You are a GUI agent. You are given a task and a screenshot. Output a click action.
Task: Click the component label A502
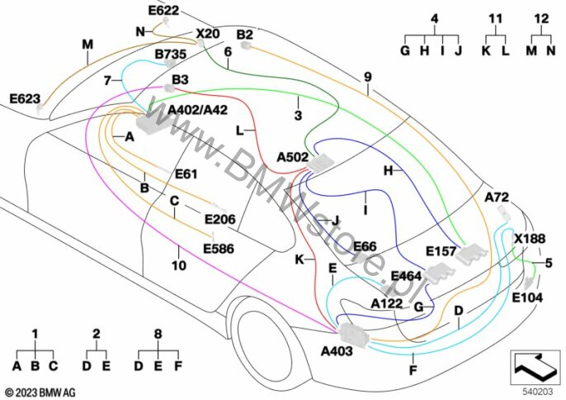[293, 156]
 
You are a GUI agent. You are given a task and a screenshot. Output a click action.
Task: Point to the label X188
[530, 239]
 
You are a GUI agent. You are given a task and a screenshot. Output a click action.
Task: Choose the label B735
[171, 55]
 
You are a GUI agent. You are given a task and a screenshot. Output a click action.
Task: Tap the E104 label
[527, 298]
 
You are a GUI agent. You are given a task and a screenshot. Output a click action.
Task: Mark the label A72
[497, 198]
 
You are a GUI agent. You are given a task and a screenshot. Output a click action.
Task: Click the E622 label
[163, 11]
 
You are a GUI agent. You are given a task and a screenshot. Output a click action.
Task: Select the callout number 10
[179, 266]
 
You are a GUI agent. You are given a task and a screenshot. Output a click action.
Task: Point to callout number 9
[367, 78]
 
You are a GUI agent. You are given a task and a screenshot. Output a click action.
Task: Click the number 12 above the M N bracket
[540, 18]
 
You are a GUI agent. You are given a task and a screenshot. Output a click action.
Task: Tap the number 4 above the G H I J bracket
[434, 18]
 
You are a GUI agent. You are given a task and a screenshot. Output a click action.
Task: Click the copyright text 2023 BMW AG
[39, 390]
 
